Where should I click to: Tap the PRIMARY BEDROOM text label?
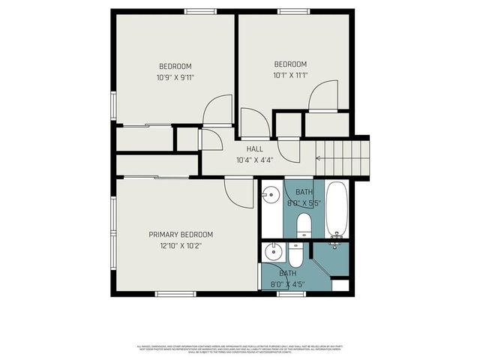(181, 234)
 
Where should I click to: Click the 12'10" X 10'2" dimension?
(181, 245)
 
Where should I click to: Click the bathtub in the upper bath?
(337, 209)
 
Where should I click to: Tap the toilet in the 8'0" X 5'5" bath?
(304, 225)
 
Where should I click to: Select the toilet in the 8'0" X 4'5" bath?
(298, 256)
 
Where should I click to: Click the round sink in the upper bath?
(270, 197)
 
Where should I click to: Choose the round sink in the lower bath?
(273, 251)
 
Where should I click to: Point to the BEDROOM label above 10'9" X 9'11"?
(175, 65)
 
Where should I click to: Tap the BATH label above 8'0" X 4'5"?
(288, 274)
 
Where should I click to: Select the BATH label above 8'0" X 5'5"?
(304, 192)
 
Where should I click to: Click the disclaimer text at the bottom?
(240, 349)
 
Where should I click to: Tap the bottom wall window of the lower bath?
(289, 293)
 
